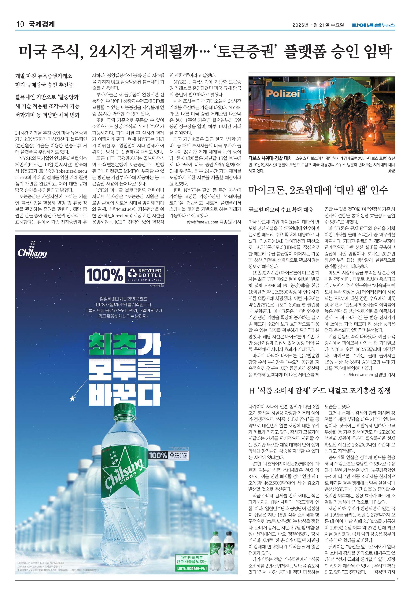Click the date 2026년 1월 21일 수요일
click(318, 25)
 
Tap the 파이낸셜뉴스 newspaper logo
click(373, 25)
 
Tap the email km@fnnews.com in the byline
click(358, 375)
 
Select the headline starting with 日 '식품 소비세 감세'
click(320, 391)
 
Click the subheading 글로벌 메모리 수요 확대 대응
click(281, 210)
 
